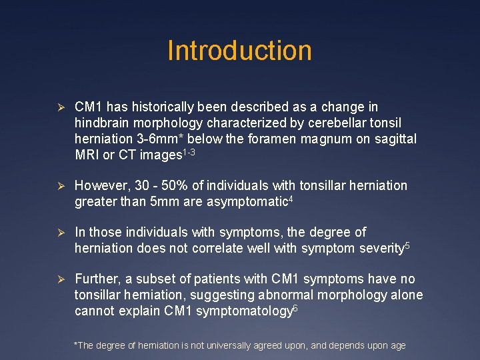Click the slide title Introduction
239,51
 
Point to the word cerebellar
322,123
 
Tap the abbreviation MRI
87,155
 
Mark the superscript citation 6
295,307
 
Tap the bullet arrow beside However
59,186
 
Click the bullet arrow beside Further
59,279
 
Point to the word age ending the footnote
398,346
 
